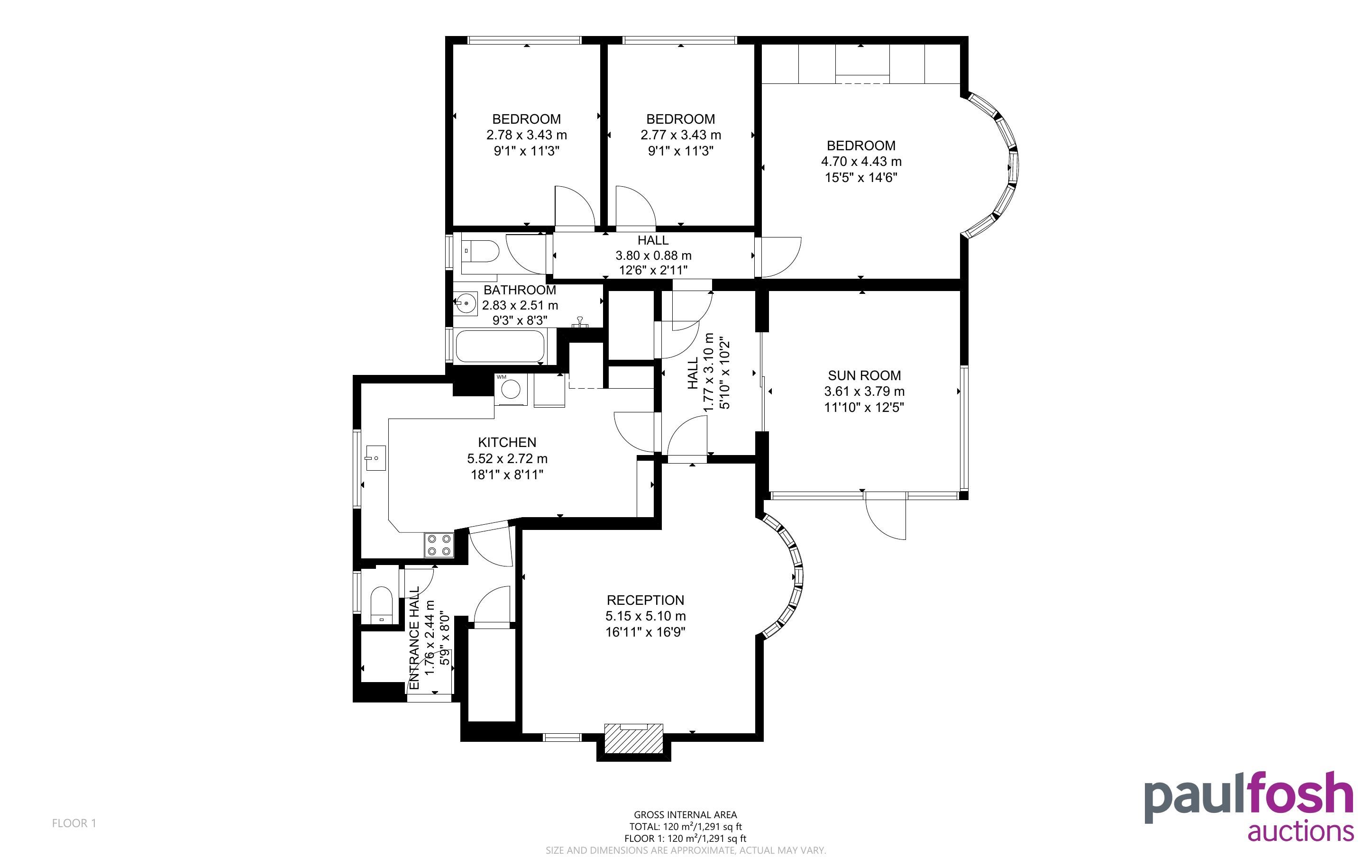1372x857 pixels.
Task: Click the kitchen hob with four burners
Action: [x=439, y=545]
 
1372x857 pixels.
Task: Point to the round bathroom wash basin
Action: [x=465, y=304]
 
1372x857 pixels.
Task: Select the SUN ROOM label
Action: [x=864, y=375]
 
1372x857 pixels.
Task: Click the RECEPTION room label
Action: [x=646, y=600]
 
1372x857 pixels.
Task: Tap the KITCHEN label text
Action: [x=507, y=442]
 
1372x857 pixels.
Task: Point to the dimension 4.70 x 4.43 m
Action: [x=861, y=162]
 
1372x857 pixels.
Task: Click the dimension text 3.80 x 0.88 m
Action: [x=653, y=255]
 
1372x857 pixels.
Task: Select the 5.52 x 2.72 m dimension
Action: [x=507, y=458]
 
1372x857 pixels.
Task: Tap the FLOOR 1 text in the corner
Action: [x=74, y=823]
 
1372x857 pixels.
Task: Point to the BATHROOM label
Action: [x=520, y=290]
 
